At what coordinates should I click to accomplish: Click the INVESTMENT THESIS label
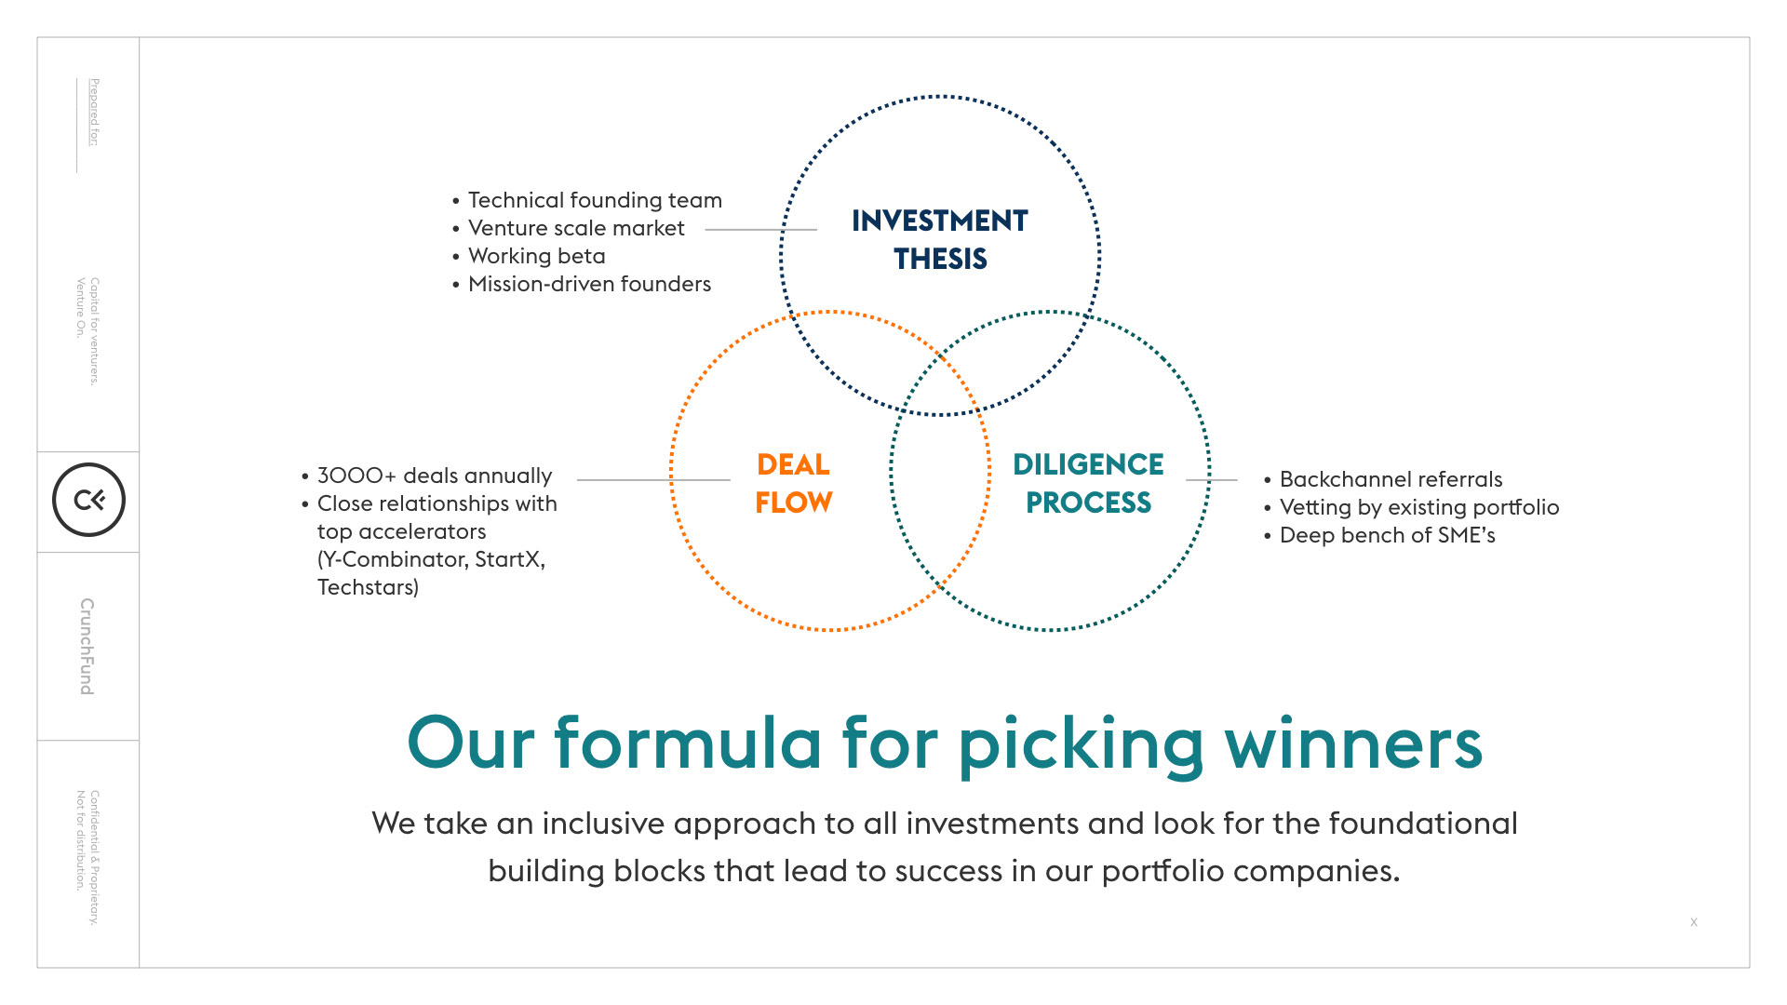(x=940, y=239)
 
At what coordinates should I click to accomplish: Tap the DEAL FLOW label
(x=794, y=483)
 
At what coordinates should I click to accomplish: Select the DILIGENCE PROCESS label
(x=1088, y=483)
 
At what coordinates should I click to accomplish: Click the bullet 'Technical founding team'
(x=594, y=200)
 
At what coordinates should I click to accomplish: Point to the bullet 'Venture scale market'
(x=575, y=228)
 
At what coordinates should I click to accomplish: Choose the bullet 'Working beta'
(x=536, y=256)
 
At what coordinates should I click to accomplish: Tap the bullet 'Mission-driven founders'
(x=588, y=284)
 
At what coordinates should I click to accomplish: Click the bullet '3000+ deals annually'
(x=434, y=476)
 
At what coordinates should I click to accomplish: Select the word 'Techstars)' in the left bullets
(x=368, y=587)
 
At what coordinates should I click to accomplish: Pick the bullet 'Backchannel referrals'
(x=1391, y=479)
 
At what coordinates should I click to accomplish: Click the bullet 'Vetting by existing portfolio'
(x=1418, y=507)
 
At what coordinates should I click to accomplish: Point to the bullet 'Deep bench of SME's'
(x=1387, y=535)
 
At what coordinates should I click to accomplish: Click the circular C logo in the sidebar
(x=88, y=500)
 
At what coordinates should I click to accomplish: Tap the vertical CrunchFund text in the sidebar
(x=87, y=646)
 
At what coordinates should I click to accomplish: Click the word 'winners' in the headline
(x=1353, y=744)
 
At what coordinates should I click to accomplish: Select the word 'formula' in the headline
(x=688, y=744)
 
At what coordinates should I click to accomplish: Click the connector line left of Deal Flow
(x=652, y=480)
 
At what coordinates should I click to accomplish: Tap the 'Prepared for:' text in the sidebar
(x=94, y=112)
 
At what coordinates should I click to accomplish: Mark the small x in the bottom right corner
(x=1694, y=922)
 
